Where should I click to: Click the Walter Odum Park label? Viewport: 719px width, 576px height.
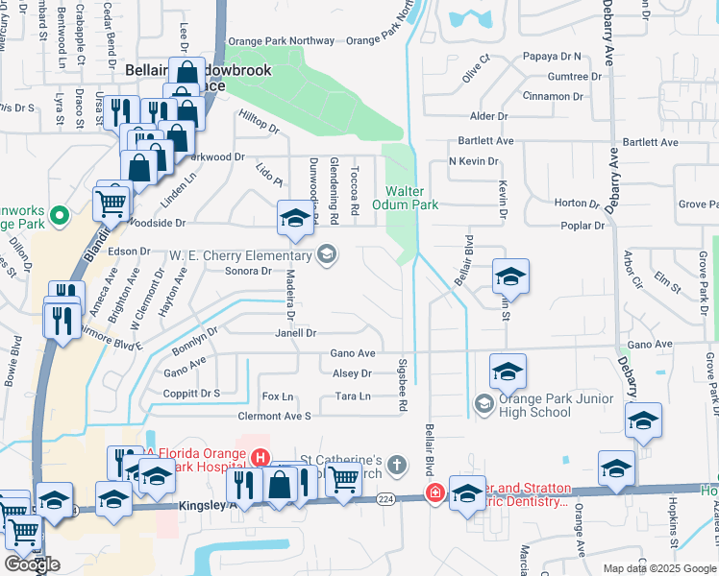[411, 198]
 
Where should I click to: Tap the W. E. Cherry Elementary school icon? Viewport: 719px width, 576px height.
[327, 254]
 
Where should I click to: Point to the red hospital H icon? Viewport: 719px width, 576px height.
[257, 456]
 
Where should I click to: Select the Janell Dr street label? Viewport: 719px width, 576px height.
[297, 333]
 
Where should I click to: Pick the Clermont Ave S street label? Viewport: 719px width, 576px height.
[275, 416]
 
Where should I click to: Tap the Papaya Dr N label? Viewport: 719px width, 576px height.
[553, 57]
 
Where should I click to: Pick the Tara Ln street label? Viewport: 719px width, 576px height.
[352, 396]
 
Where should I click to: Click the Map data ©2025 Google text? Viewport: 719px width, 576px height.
[659, 568]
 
